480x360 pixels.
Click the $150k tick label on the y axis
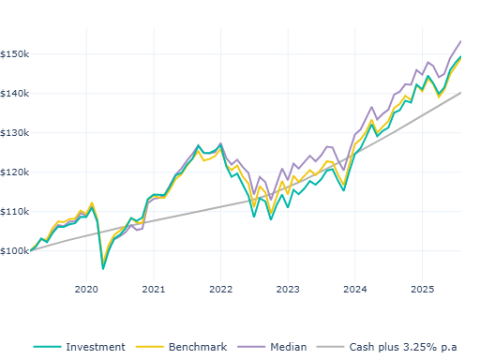(x=16, y=53)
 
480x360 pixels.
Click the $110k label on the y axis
(x=16, y=211)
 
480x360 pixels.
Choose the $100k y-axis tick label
(x=16, y=250)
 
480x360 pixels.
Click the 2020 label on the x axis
(x=86, y=289)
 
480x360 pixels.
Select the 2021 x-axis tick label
(x=154, y=289)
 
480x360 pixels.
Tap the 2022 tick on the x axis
(x=220, y=289)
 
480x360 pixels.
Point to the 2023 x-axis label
(x=288, y=289)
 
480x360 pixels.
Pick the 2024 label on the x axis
(x=355, y=289)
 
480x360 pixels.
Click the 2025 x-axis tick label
(x=422, y=289)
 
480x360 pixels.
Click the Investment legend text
(x=95, y=347)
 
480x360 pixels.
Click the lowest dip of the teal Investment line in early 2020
(x=103, y=268)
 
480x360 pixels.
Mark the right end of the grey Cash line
(x=461, y=92)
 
